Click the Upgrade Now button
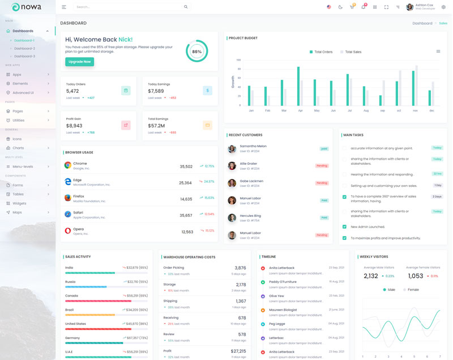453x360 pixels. (x=79, y=61)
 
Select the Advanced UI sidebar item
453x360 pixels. (x=23, y=92)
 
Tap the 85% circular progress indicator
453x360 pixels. (x=196, y=51)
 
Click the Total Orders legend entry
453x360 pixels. (x=321, y=52)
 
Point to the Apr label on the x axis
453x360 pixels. (x=300, y=110)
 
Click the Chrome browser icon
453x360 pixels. (x=67, y=165)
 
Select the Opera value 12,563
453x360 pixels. (x=187, y=232)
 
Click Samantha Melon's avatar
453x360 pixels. (x=232, y=149)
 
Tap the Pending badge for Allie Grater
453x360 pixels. (x=322, y=166)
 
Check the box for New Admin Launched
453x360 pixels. (x=344, y=226)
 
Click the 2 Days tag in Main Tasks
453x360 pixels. (x=437, y=196)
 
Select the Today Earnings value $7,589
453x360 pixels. (x=156, y=91)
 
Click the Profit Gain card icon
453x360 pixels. (x=126, y=125)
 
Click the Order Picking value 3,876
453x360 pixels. (x=240, y=268)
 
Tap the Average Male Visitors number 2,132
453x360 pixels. (x=370, y=276)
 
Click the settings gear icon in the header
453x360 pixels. (x=443, y=7)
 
